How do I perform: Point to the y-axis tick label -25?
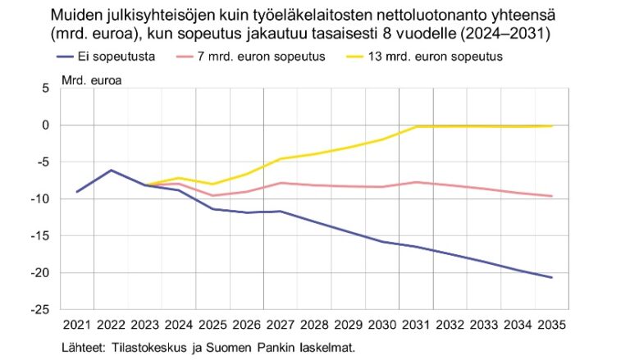click(39, 309)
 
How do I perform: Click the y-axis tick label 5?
click(45, 88)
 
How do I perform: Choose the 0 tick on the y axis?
click(45, 125)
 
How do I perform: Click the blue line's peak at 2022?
click(112, 170)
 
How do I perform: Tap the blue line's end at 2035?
click(552, 277)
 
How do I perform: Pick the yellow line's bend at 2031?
click(418, 126)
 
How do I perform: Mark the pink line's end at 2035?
click(552, 196)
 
